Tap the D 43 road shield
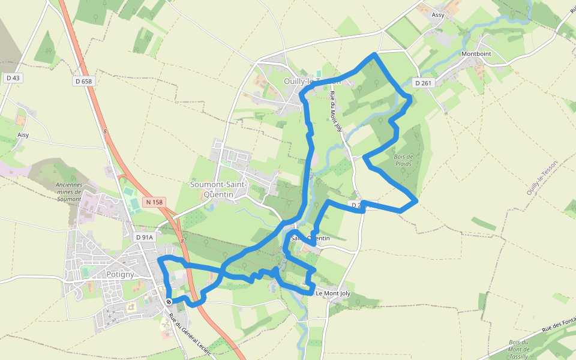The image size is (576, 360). (13, 78)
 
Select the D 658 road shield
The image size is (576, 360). (84, 81)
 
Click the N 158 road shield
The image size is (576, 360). (154, 203)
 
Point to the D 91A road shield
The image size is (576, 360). (145, 238)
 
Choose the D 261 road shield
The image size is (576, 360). (423, 83)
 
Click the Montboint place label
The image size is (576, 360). (476, 53)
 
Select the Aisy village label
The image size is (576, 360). (23, 135)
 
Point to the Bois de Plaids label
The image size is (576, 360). (404, 160)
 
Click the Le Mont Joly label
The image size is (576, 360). (332, 293)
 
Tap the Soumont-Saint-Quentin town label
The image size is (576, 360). (218, 189)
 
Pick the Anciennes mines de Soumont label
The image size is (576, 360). (68, 191)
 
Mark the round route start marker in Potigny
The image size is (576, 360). (169, 302)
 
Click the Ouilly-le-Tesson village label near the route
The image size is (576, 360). (311, 80)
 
